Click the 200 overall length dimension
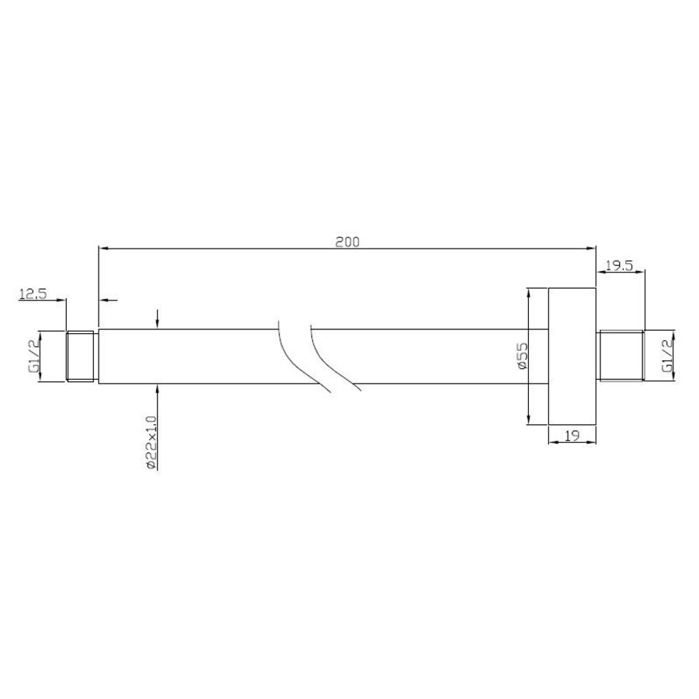click(x=347, y=242)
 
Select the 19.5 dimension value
click(x=619, y=266)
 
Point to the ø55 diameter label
click(x=522, y=356)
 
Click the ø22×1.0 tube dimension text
click(x=151, y=441)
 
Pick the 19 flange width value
click(x=572, y=436)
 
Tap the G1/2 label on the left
click(x=34, y=356)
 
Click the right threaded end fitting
click(x=622, y=356)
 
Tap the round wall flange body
click(x=572, y=356)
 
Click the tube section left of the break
click(x=186, y=356)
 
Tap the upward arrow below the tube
click(x=158, y=392)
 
